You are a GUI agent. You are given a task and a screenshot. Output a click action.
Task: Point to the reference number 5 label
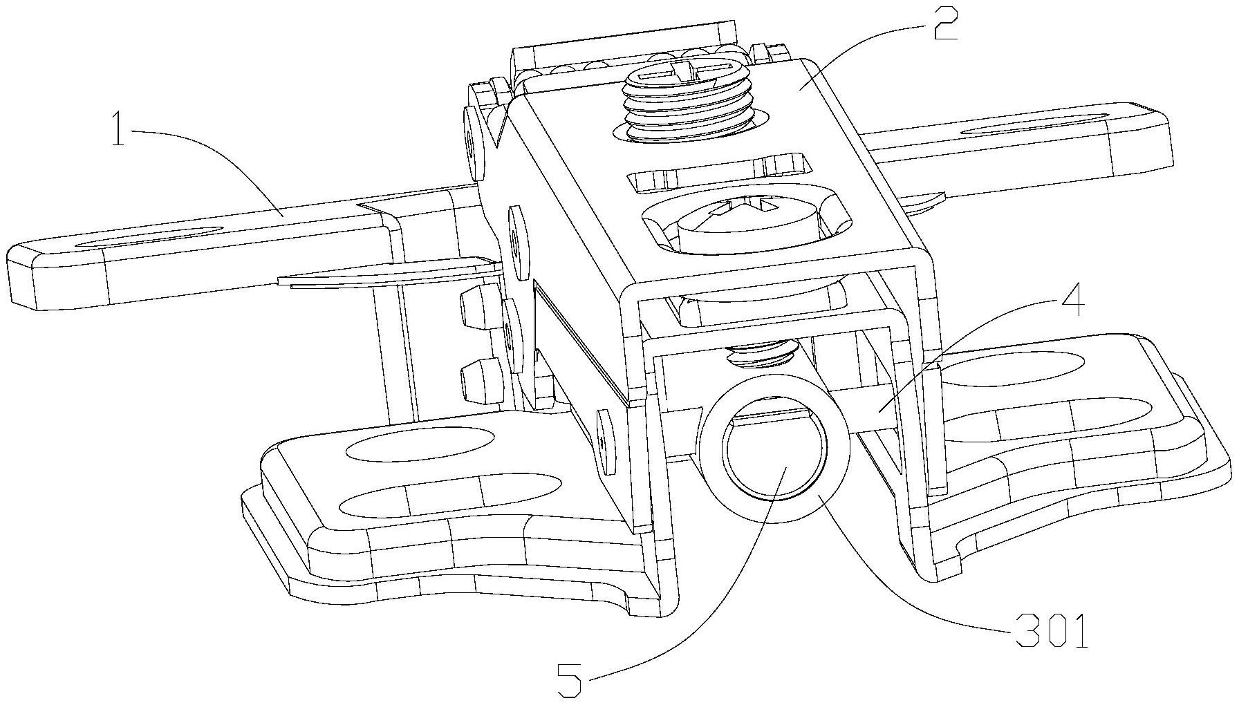(570, 680)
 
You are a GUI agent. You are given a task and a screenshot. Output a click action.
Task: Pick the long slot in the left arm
(150, 236)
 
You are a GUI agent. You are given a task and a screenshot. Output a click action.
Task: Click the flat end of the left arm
(21, 277)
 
